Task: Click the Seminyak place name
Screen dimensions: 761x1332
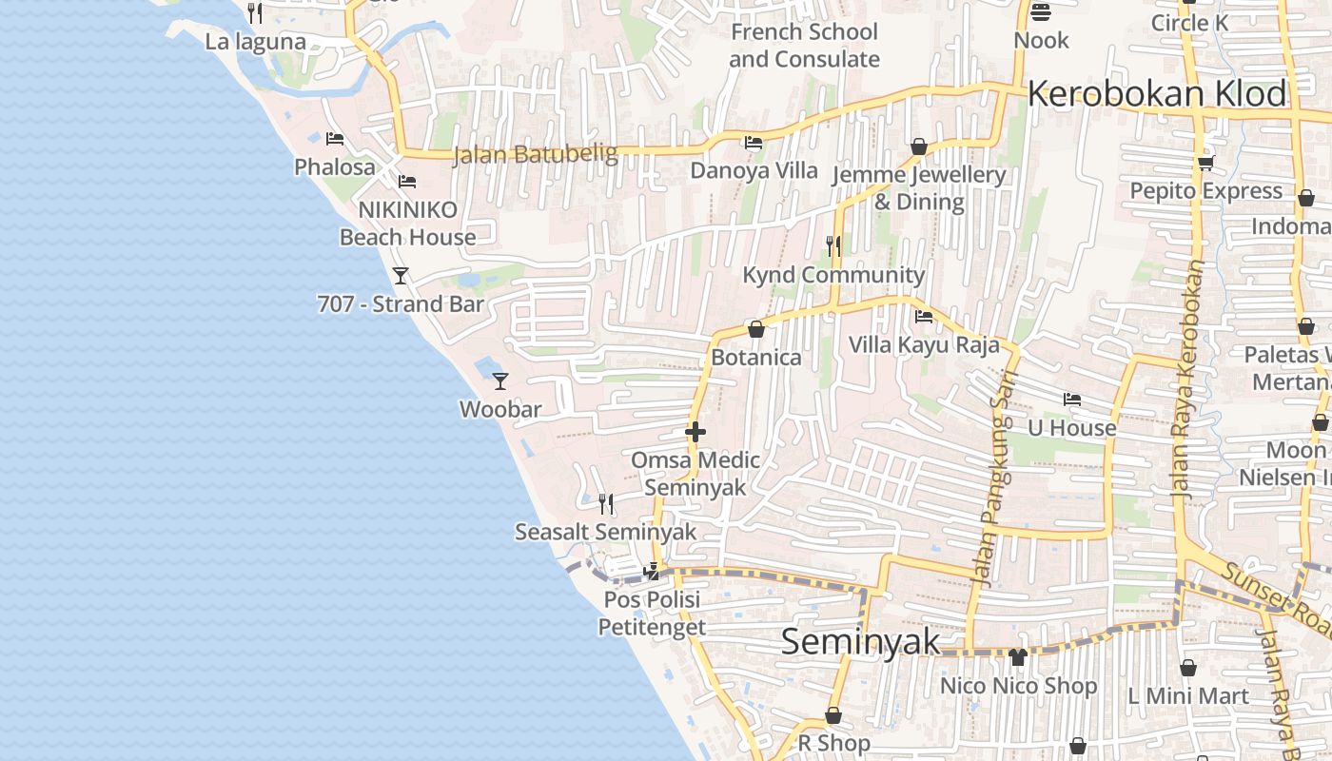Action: click(860, 642)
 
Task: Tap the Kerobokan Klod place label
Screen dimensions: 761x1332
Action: click(1157, 94)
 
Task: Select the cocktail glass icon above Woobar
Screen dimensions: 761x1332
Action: click(500, 381)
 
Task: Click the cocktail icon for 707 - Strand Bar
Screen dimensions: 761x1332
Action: click(401, 276)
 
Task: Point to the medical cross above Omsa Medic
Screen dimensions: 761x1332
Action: click(695, 433)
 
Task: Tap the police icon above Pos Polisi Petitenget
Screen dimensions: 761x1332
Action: click(652, 572)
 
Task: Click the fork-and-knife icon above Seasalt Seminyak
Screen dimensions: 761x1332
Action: click(605, 503)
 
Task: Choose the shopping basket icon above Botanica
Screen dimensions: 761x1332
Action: click(756, 329)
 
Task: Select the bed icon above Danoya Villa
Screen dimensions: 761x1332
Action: click(754, 144)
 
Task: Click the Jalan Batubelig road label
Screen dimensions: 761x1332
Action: click(535, 154)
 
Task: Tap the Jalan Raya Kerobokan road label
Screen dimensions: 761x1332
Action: click(1188, 380)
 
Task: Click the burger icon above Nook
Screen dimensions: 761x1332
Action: click(1041, 12)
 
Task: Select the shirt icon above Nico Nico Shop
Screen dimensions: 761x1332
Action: click(1018, 656)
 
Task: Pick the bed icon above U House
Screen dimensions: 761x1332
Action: click(1072, 400)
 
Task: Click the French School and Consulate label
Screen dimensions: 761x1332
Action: click(804, 46)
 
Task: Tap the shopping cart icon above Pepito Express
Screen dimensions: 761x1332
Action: click(1205, 163)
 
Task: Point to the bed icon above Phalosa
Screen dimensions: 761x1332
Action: click(334, 139)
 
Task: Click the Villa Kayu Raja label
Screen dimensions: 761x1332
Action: click(924, 344)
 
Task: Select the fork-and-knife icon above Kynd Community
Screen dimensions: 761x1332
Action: click(833, 246)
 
